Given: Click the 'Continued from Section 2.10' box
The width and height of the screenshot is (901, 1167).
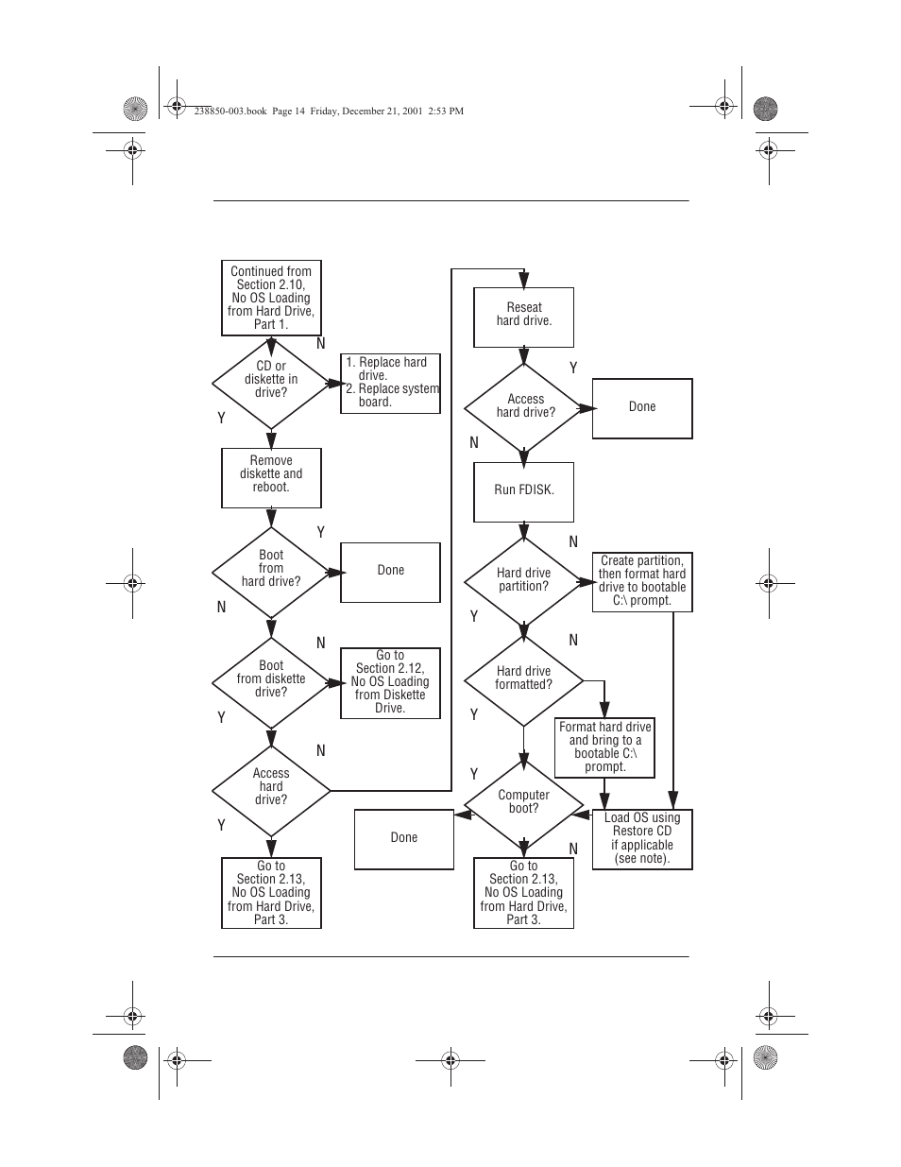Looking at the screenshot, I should (x=271, y=298).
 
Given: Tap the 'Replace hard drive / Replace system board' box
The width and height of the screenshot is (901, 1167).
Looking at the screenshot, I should (x=390, y=384).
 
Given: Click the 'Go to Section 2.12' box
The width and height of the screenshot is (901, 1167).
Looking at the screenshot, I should (x=390, y=682).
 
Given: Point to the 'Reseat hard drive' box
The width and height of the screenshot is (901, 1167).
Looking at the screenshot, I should (x=523, y=317).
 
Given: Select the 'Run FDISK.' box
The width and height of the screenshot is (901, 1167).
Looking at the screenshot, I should (x=523, y=491).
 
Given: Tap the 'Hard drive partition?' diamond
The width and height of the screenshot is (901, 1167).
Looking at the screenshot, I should (x=523, y=581).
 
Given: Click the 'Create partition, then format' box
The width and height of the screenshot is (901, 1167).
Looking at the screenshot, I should (x=642, y=581).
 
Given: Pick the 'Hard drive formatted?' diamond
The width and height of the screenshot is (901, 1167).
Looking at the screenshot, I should (x=523, y=679).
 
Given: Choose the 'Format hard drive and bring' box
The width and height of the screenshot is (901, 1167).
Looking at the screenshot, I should (x=604, y=747).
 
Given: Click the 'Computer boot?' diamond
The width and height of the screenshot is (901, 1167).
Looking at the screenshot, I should (x=523, y=803).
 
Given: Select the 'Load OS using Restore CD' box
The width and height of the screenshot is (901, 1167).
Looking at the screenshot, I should (x=642, y=839).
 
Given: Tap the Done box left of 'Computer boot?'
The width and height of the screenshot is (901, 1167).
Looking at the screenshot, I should (x=404, y=839).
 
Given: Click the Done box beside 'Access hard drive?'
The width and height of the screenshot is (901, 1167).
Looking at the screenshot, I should (x=642, y=408).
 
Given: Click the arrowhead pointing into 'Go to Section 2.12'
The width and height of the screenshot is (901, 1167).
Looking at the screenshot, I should (x=334, y=682).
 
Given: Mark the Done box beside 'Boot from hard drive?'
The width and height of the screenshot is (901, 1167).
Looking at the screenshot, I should (x=390, y=572).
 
